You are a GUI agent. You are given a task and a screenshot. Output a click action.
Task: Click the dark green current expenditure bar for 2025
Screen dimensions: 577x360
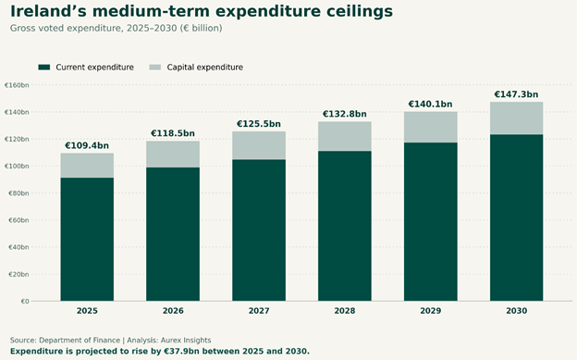click(x=87, y=239)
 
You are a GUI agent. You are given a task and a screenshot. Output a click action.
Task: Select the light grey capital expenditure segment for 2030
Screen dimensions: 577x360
click(x=516, y=118)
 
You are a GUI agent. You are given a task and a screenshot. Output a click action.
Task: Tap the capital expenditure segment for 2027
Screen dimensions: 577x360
click(x=259, y=145)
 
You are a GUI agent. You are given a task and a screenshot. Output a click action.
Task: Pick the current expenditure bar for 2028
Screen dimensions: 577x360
click(x=345, y=226)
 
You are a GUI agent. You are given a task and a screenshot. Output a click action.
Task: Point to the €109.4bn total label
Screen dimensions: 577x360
click(x=87, y=145)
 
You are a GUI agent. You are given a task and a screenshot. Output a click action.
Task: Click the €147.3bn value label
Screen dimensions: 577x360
click(x=516, y=94)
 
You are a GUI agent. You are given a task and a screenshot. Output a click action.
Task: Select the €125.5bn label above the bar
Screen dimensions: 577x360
click(x=259, y=124)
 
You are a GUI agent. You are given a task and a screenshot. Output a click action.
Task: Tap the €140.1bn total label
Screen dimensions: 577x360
click(x=431, y=105)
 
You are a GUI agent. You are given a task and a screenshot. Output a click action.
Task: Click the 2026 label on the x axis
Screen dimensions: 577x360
click(x=173, y=311)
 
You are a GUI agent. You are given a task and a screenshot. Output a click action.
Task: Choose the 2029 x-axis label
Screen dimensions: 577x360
click(x=431, y=311)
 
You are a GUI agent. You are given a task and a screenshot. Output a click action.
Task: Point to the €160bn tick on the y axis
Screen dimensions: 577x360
click(x=17, y=85)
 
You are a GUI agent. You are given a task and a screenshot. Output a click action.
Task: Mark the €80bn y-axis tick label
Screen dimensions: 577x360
click(x=18, y=193)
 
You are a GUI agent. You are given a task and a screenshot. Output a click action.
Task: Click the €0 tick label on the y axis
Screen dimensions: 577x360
click(x=25, y=302)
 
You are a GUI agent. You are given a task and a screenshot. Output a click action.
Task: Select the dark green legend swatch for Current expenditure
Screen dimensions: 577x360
click(x=44, y=67)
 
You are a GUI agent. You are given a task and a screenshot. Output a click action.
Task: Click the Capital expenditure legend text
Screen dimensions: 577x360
click(x=205, y=67)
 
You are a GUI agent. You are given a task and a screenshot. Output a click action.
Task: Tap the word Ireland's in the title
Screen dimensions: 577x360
click(x=48, y=11)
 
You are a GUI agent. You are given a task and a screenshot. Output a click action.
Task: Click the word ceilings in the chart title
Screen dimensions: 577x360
click(x=360, y=12)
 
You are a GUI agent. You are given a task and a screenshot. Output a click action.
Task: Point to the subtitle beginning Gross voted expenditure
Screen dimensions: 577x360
click(x=116, y=29)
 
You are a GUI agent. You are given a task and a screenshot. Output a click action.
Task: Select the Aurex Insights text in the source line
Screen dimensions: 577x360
click(x=186, y=340)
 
